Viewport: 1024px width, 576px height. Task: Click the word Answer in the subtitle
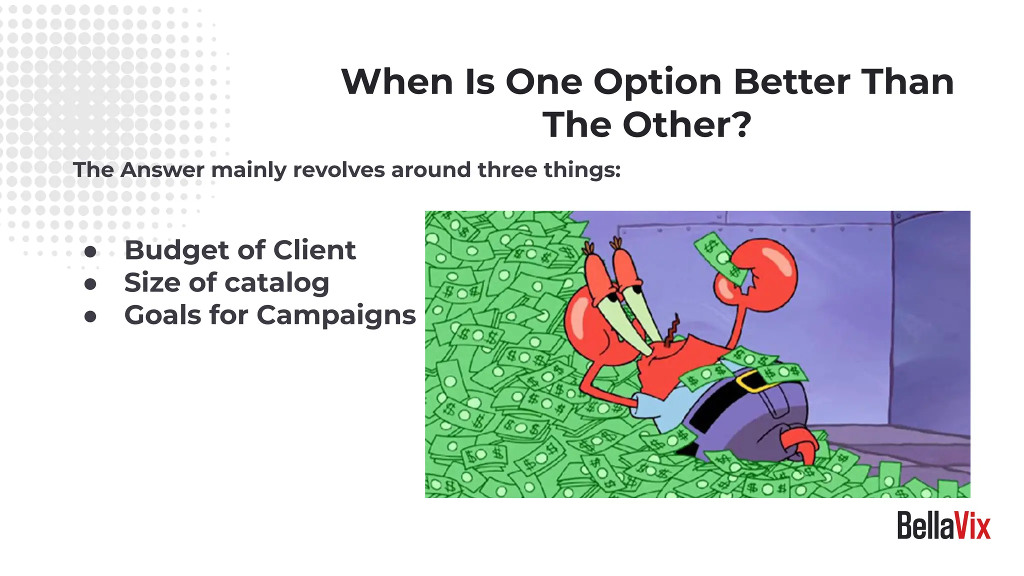pyautogui.click(x=162, y=170)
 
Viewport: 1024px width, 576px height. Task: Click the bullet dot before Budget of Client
pyautogui.click(x=90, y=251)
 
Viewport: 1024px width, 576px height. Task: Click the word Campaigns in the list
pyautogui.click(x=336, y=316)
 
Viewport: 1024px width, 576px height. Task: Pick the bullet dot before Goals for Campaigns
pyautogui.click(x=90, y=316)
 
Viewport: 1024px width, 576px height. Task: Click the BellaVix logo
pyautogui.click(x=943, y=526)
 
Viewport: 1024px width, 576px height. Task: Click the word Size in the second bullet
pyautogui.click(x=152, y=283)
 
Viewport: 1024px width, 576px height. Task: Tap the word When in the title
pyautogui.click(x=397, y=82)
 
